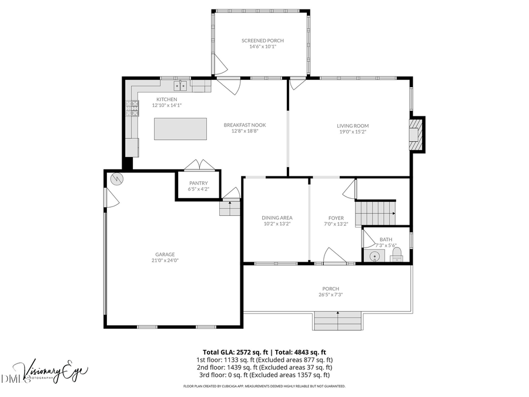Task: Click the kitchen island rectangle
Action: pos(180,129)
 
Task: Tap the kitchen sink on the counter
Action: pos(183,86)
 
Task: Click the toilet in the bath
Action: pos(396,254)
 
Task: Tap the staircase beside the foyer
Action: pos(376,212)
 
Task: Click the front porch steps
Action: pos(338,321)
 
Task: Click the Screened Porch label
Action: pos(262,41)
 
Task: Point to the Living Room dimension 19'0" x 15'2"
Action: pos(353,132)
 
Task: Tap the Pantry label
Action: pos(198,183)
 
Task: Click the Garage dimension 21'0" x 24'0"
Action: pos(165,261)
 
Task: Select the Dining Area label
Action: pos(277,218)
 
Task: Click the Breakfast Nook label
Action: pos(245,125)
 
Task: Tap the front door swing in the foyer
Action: pos(334,256)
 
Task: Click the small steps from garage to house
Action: pos(230,208)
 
